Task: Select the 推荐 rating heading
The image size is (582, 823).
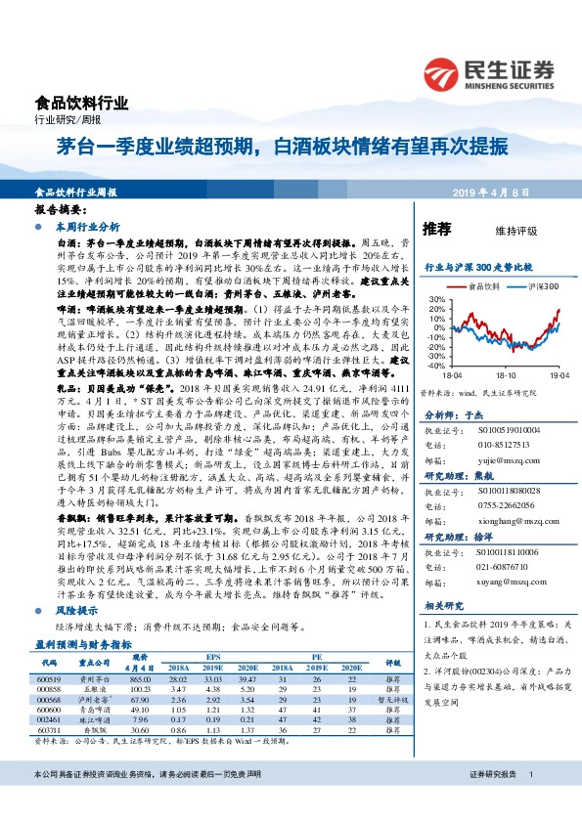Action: click(x=436, y=230)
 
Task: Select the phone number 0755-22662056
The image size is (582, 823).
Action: click(x=507, y=494)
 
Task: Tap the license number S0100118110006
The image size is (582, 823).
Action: click(x=510, y=552)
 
